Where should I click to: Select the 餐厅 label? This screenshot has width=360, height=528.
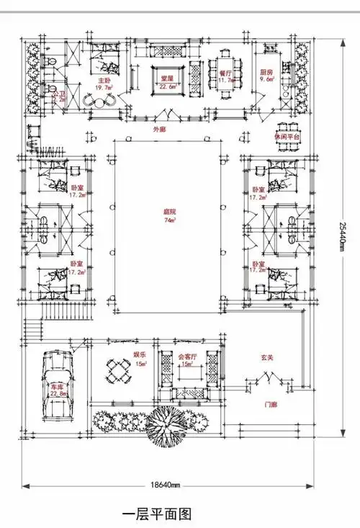(225, 73)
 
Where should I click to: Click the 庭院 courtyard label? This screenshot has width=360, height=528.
(168, 212)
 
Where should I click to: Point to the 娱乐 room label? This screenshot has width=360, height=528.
(140, 355)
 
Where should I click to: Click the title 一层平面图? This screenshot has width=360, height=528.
(156, 514)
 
